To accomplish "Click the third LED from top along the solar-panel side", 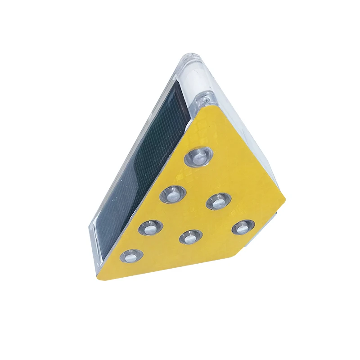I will tap(150, 228).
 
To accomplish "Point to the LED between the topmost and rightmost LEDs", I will tap(218, 201).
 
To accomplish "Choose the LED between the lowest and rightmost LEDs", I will tap(190, 236).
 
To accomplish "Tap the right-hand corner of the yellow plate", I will tap(285, 198).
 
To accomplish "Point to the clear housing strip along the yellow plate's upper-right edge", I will tap(252, 144).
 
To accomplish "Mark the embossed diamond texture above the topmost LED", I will tap(202, 130).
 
